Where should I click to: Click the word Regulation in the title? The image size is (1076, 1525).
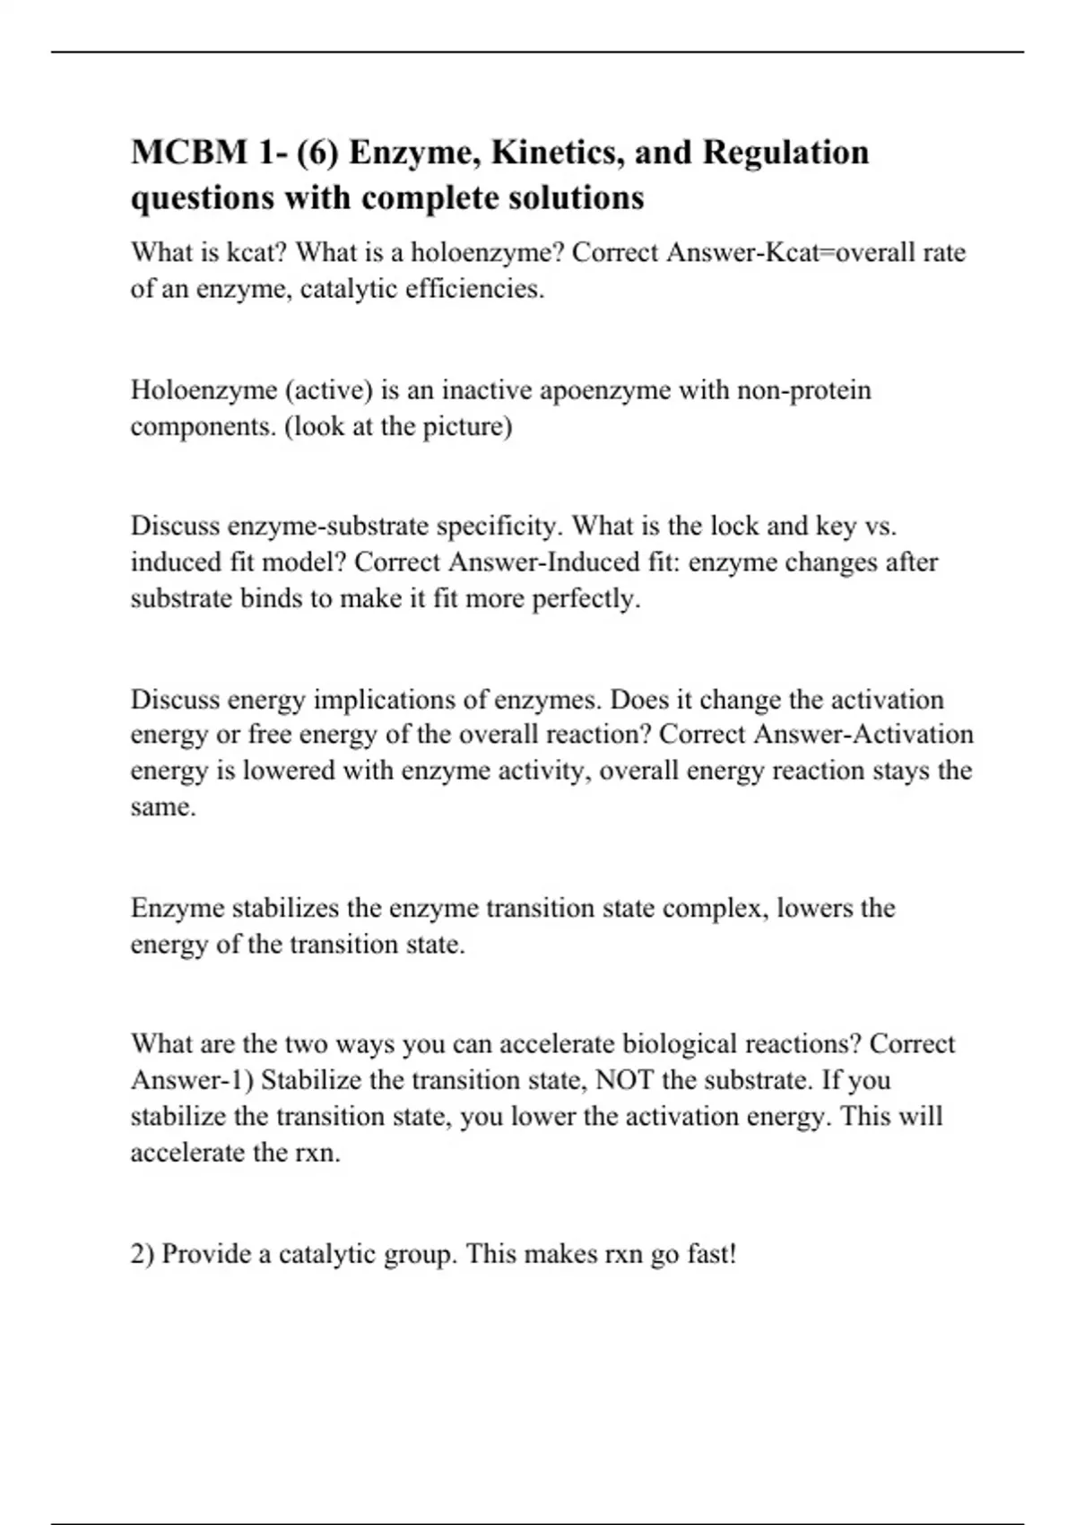click(785, 152)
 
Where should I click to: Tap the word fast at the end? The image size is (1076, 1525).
click(710, 1253)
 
